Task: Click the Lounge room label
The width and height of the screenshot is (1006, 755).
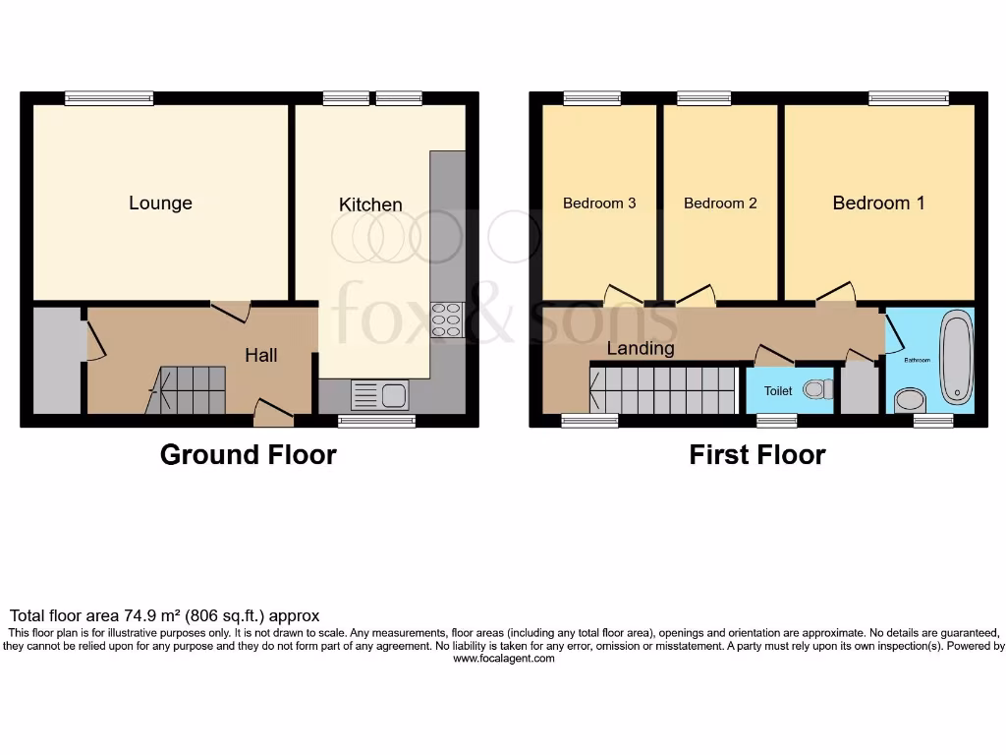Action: [160, 203]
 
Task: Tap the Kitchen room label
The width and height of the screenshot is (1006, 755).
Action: [370, 204]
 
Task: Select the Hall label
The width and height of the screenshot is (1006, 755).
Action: [261, 356]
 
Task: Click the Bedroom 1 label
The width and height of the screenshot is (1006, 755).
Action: [878, 203]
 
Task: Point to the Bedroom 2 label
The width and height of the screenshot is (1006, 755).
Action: [720, 203]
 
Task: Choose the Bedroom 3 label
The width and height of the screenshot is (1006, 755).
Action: [599, 203]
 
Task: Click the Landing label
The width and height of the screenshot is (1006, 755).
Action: [641, 348]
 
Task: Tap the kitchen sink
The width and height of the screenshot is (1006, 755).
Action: [380, 395]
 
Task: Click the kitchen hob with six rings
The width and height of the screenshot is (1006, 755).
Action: [446, 320]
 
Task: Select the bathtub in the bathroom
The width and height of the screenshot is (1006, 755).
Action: [956, 357]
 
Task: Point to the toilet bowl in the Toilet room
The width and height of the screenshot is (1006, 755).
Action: [815, 390]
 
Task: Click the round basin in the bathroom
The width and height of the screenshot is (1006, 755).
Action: [910, 399]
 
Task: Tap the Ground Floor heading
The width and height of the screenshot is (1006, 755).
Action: [248, 455]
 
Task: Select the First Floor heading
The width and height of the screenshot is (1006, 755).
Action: [756, 455]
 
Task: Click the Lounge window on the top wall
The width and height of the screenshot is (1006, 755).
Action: [109, 97]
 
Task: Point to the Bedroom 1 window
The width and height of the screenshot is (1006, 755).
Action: [909, 97]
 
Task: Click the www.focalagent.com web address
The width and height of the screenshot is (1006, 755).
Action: [503, 659]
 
